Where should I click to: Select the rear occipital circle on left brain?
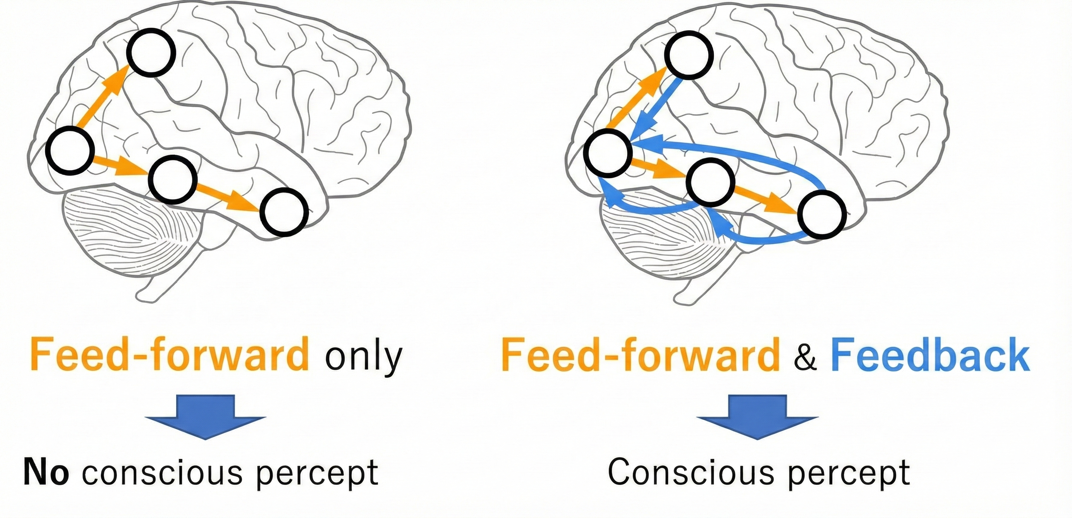[x=67, y=151]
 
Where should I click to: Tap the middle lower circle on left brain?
[x=173, y=179]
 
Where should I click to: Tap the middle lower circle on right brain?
[x=710, y=182]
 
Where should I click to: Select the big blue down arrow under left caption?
[x=205, y=416]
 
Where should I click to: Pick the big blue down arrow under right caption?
[x=758, y=416]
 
